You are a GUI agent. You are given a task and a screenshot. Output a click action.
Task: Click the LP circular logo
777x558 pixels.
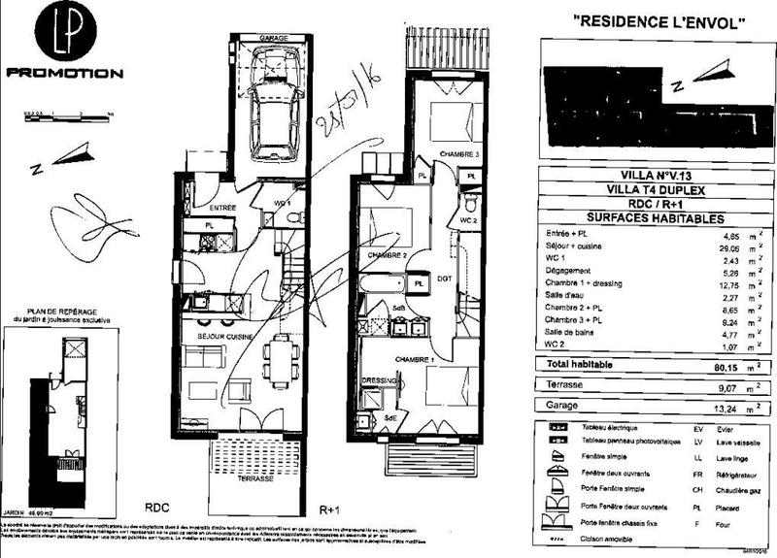point(64,34)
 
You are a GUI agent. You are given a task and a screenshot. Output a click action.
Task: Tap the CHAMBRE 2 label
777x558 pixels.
point(386,254)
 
